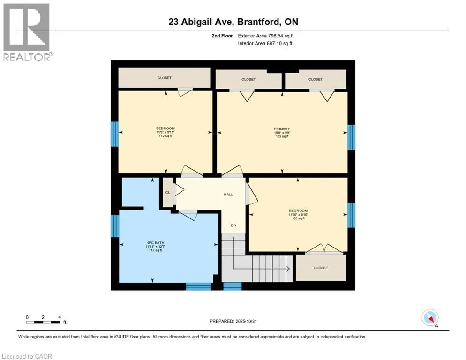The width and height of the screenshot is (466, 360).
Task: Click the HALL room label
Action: tap(228, 195)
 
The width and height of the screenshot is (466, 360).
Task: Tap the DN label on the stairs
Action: tap(233, 225)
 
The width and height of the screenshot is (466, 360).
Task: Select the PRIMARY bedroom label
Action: tap(282, 129)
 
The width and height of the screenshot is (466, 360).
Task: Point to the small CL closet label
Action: tap(167, 192)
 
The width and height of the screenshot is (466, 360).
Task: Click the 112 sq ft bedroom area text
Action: tap(165, 136)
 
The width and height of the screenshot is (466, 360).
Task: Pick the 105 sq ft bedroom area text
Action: tap(298, 218)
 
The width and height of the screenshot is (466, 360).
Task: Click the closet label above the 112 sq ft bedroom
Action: tap(164, 78)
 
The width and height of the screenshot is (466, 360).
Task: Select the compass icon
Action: tap(430, 317)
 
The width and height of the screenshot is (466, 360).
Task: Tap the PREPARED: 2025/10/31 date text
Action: tap(233, 321)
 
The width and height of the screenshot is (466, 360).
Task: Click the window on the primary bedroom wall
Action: tap(351, 137)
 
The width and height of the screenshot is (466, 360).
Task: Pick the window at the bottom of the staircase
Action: tap(232, 286)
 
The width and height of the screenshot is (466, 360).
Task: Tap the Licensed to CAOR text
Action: tap(26, 356)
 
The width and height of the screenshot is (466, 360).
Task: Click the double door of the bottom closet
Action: tap(321, 248)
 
